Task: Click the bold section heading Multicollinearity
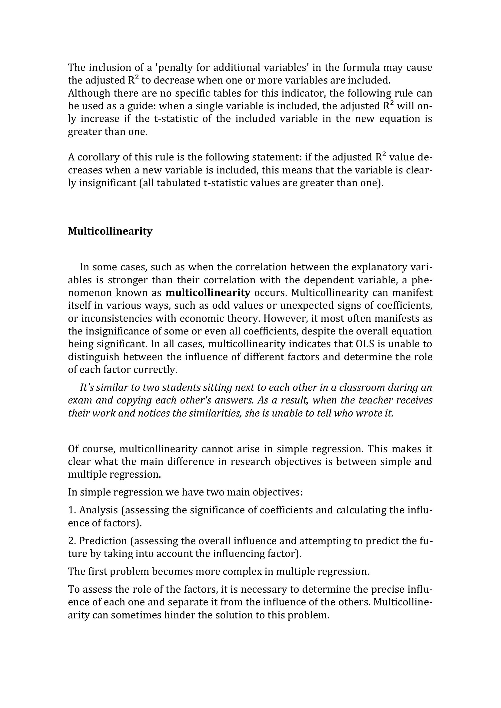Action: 110,231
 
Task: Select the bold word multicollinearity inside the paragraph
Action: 207,292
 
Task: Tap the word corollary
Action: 98,157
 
